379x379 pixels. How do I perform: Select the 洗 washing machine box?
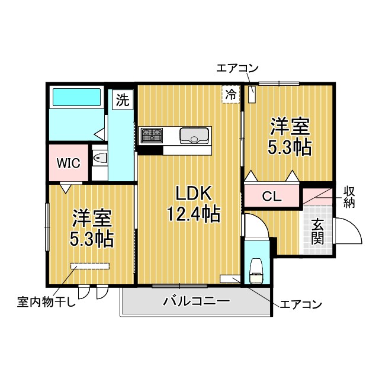click(121, 99)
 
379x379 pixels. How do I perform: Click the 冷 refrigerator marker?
click(230, 94)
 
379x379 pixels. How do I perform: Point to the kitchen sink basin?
click(194, 136)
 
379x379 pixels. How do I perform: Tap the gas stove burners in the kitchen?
click(152, 136)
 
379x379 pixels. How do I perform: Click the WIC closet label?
click(68, 162)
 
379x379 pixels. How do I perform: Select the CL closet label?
click(272, 196)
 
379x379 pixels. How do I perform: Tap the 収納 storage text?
click(350, 197)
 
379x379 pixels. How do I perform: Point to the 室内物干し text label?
click(46, 304)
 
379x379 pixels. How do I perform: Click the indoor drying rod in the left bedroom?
click(91, 266)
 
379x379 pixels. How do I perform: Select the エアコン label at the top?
click(237, 69)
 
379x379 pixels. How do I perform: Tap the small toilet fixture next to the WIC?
click(99, 158)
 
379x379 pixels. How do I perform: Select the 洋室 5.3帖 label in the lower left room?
click(92, 229)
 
